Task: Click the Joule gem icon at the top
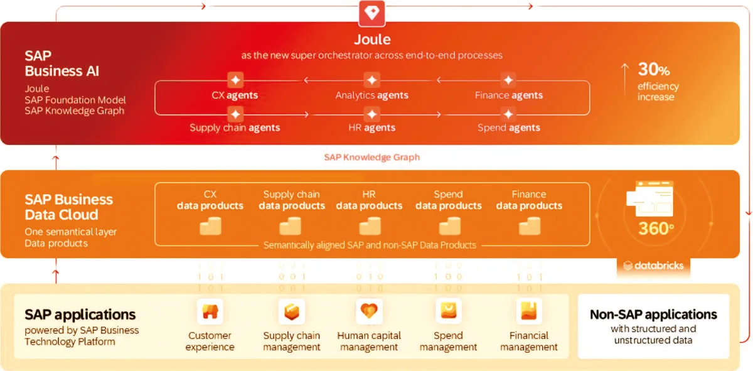[372, 12]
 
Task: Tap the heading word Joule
[372, 40]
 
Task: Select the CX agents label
[235, 95]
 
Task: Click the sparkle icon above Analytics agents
[372, 80]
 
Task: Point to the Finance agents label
[508, 95]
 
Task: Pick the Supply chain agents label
[235, 127]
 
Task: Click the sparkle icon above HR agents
[372, 114]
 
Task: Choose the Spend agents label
[508, 127]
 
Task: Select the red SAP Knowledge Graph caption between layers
[372, 157]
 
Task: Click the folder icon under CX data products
[210, 227]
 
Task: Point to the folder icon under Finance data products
[529, 227]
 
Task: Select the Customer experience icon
[210, 311]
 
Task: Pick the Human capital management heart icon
[369, 311]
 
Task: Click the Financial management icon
[528, 311]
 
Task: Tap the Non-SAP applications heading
[653, 315]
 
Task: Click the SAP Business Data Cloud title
[69, 207]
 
